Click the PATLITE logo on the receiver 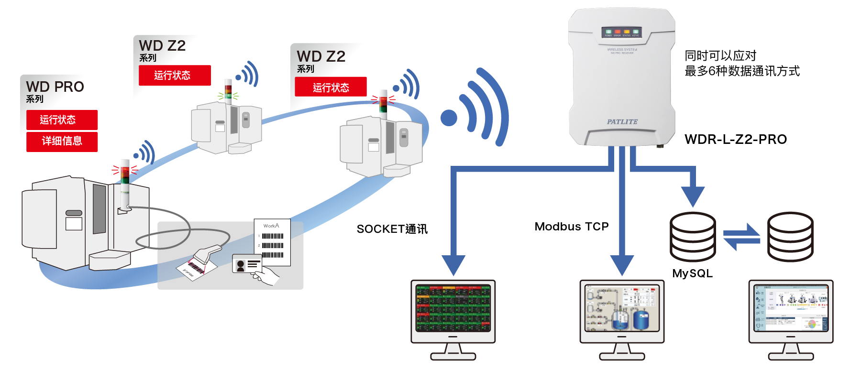tap(622, 122)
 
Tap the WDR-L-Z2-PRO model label tap(735, 139)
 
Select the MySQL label tap(692, 273)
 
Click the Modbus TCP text tap(571, 227)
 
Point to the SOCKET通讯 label tap(392, 229)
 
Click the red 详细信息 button tap(62, 141)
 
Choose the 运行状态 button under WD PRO tap(62, 120)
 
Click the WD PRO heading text tap(55, 87)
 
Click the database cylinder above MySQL tap(693, 237)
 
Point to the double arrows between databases tap(741, 237)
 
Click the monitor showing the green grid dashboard tap(453, 308)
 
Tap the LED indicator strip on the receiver tap(621, 33)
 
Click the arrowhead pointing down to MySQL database tap(692, 196)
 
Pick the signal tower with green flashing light tap(229, 92)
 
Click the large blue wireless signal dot tap(449, 118)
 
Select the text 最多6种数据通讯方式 tap(741, 71)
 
